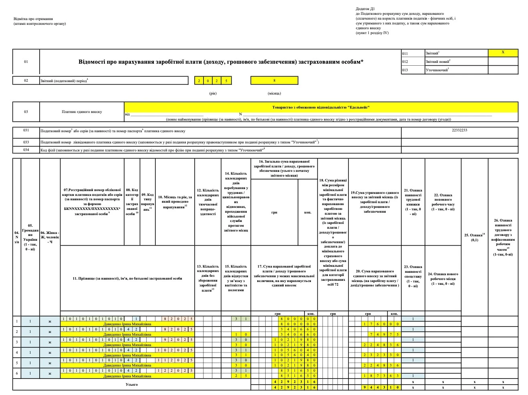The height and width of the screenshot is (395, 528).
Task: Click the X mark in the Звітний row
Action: pos(503,52)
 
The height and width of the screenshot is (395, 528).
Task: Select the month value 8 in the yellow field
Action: pos(274,81)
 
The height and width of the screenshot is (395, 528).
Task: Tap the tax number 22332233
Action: pos(459,130)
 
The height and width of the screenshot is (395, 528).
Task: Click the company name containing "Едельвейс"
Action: pos(320,107)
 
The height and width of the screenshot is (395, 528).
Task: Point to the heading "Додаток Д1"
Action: pos(365,9)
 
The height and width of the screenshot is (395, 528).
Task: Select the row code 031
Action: pos(26,131)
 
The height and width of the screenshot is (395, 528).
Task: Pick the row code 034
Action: pos(26,150)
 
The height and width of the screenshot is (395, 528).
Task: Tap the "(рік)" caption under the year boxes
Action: pos(213,93)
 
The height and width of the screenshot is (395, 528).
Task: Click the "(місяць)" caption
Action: pos(274,93)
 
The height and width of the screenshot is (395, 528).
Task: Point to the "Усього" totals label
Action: pos(132,385)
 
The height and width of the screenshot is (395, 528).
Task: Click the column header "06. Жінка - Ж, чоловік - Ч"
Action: pos(50,237)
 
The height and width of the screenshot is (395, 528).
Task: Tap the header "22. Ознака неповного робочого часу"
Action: pos(443,202)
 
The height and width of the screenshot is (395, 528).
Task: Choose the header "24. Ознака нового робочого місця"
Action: pos(443,279)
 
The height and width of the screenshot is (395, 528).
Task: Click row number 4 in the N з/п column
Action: pos(17,353)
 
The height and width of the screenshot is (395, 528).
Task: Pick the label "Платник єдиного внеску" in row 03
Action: pos(82,112)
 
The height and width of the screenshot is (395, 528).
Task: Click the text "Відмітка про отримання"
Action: pos(33,19)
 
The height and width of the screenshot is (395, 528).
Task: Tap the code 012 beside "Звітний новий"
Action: pos(405,61)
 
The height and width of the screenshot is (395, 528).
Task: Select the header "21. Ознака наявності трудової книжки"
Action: pos(413,202)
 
